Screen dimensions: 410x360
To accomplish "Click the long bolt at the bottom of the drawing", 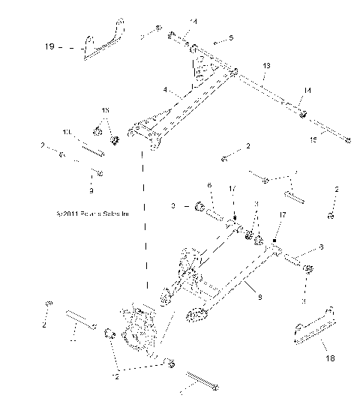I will coord(202,382).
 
